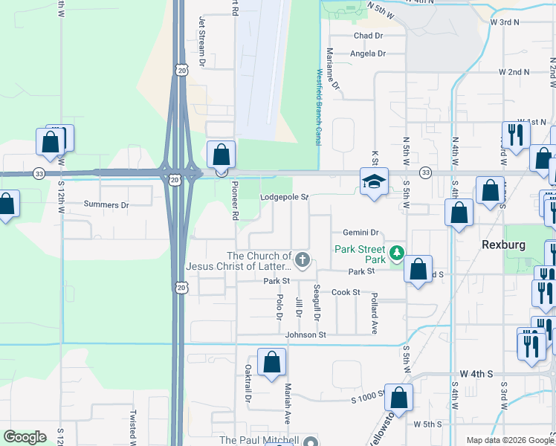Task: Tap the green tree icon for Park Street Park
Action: [x=398, y=254]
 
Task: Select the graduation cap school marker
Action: [x=373, y=181]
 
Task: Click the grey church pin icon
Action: [x=302, y=260]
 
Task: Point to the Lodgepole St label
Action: [x=284, y=198]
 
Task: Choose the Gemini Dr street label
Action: [x=361, y=233]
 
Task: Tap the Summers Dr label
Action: [x=106, y=204]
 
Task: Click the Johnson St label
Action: [x=306, y=335]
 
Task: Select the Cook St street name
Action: [x=346, y=293]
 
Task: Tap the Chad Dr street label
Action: [x=368, y=36]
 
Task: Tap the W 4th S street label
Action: [x=476, y=373]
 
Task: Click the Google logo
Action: [x=25, y=437]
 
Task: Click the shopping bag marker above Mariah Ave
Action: [x=272, y=363]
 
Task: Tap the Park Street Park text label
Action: [x=360, y=254]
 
